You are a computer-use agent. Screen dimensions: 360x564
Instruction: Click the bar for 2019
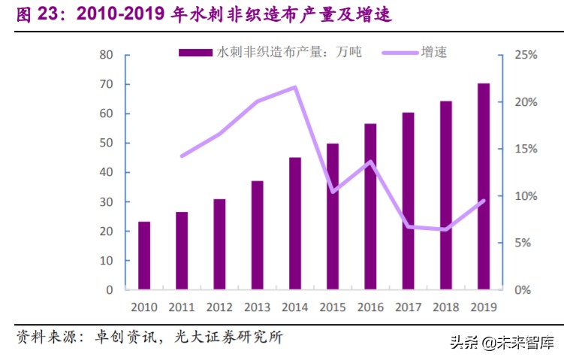click(x=484, y=186)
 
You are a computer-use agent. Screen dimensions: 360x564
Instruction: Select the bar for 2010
click(x=143, y=256)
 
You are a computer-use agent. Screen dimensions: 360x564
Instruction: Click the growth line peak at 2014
click(x=295, y=87)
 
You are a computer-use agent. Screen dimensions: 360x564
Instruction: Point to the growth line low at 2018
click(x=446, y=229)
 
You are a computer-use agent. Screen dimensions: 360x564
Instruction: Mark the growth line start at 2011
click(x=182, y=156)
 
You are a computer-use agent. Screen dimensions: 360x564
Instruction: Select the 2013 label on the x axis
click(x=257, y=307)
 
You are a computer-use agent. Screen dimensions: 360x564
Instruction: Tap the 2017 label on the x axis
click(x=408, y=307)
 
